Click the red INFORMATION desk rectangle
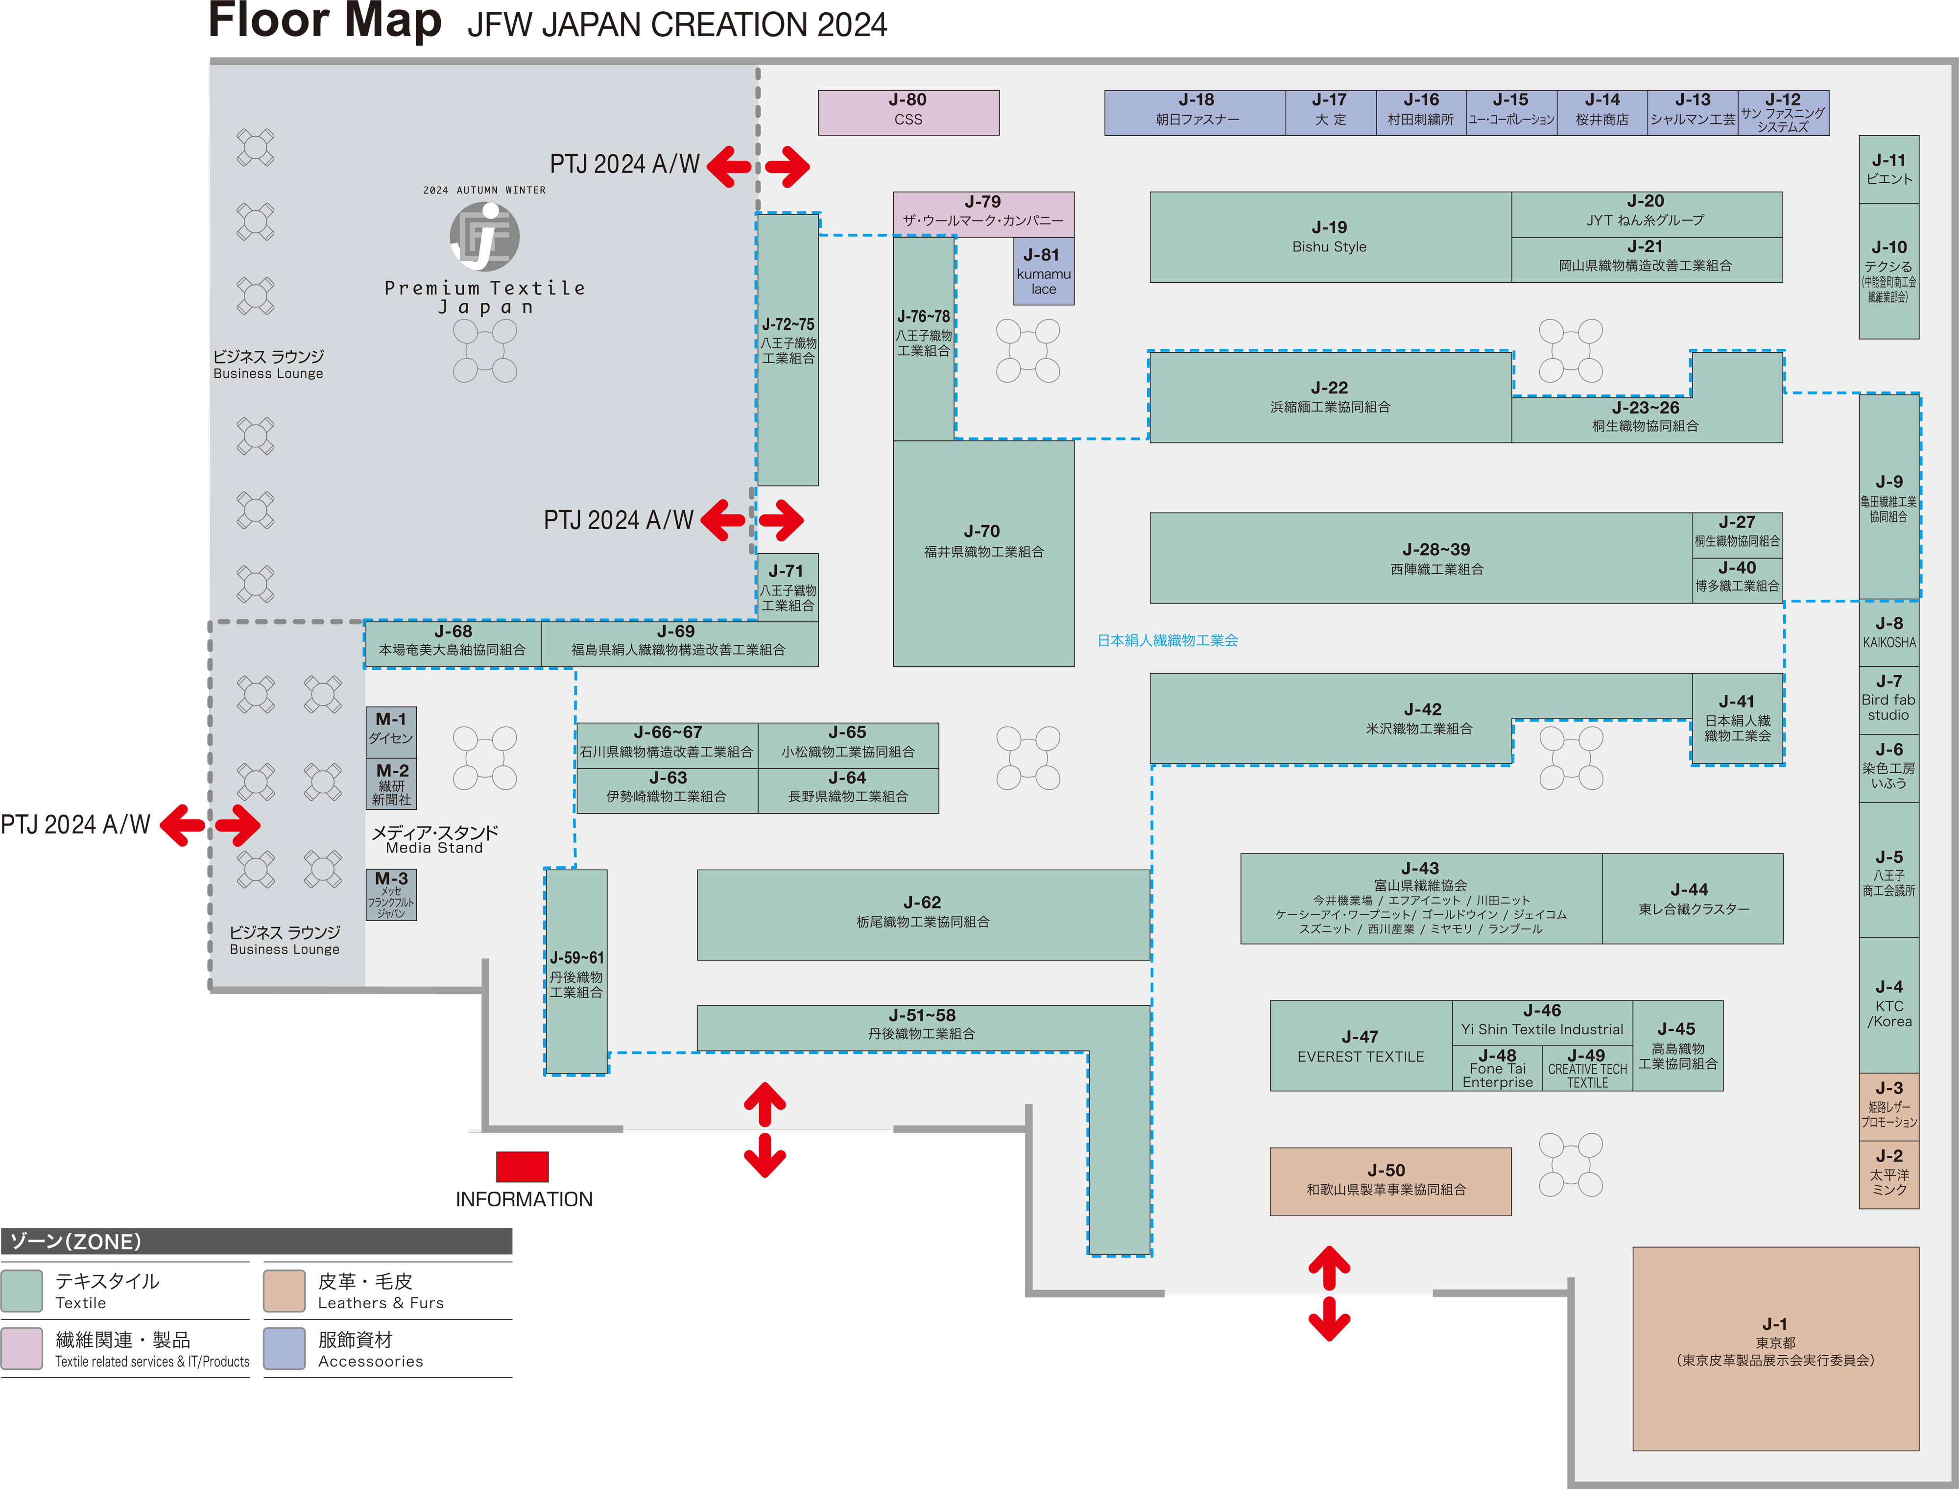[522, 1167]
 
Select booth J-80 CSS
[908, 113]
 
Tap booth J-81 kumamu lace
[1044, 271]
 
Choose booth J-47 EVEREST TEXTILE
[1361, 1046]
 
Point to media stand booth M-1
[391, 731]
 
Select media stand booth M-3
[391, 894]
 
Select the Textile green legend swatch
[22, 1291]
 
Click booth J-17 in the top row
[1331, 113]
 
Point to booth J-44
[1692, 899]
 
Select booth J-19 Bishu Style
[1330, 237]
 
